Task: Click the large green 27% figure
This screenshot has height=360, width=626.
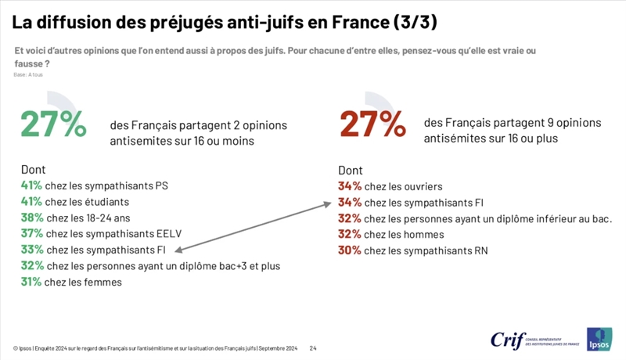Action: click(x=53, y=124)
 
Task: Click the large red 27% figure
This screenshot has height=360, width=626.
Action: click(x=372, y=124)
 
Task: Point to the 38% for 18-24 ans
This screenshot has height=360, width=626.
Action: click(x=33, y=218)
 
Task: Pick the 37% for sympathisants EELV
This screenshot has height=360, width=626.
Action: click(x=33, y=234)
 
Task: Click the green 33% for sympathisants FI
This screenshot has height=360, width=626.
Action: click(x=33, y=250)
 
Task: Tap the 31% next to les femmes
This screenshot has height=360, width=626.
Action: click(x=33, y=283)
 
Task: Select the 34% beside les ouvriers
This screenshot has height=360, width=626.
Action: click(x=350, y=186)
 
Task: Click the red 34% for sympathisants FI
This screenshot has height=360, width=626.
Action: click(x=350, y=203)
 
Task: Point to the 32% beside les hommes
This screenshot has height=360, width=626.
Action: click(x=350, y=234)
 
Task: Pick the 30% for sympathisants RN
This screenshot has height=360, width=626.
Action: click(x=350, y=250)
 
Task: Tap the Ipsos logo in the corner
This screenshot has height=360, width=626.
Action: click(x=599, y=338)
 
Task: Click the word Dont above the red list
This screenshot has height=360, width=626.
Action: click(x=351, y=170)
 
